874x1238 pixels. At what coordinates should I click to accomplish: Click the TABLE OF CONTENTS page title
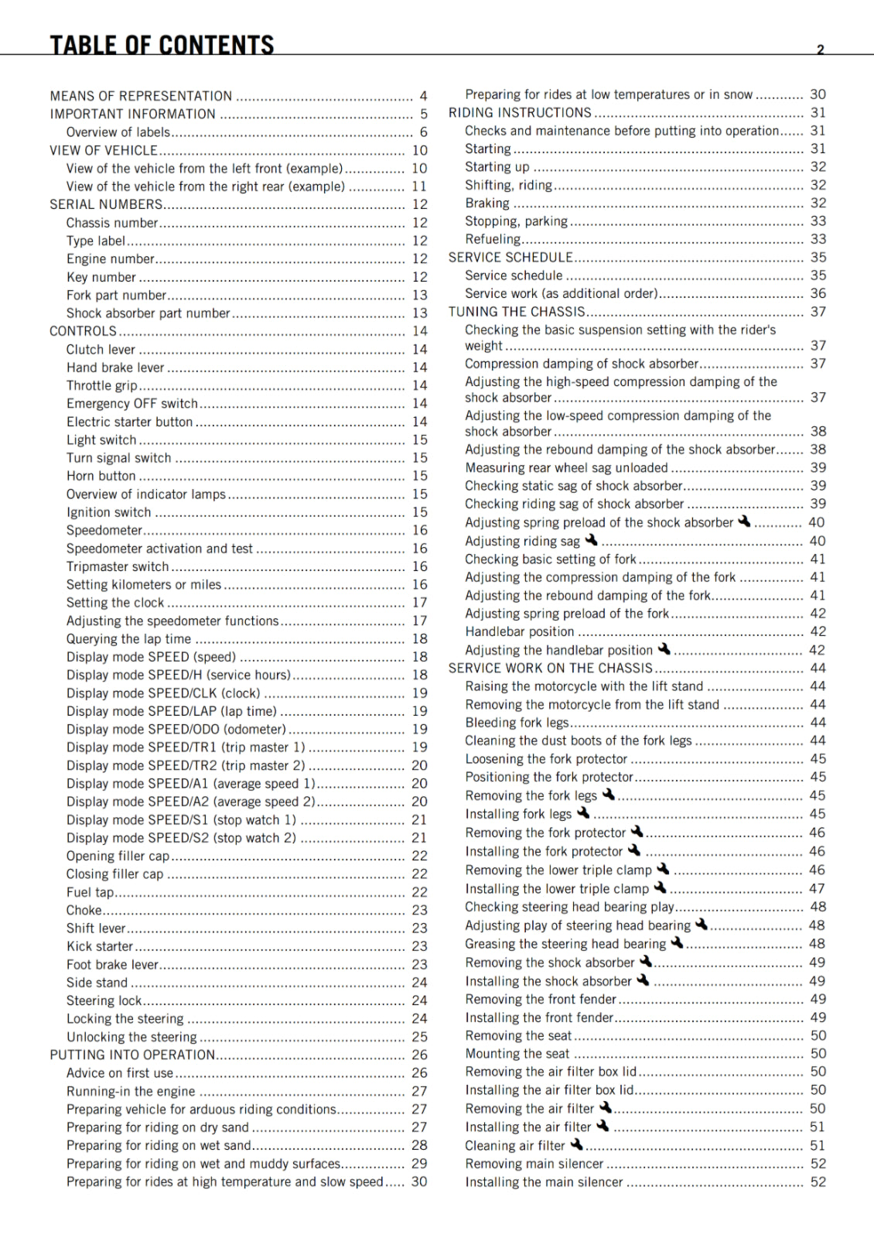(162, 45)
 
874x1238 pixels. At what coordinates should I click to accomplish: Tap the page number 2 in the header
(821, 50)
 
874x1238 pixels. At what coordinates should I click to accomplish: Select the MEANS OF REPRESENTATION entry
(141, 96)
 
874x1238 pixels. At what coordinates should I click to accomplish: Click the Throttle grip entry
(101, 385)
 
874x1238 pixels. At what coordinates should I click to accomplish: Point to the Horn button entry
(101, 476)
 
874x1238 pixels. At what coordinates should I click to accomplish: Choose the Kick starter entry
(100, 946)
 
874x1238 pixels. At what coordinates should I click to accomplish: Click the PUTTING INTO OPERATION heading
(132, 1055)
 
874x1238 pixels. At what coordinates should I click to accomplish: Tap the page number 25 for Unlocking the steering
(419, 1037)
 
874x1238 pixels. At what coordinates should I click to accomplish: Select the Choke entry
(84, 910)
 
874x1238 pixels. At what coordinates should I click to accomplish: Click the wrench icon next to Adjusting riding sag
(592, 540)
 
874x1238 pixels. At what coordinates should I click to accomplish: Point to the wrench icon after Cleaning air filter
(577, 1144)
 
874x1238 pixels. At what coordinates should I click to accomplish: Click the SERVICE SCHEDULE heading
(510, 258)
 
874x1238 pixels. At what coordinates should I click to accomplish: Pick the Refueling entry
(493, 239)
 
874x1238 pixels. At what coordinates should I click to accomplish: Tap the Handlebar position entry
(519, 631)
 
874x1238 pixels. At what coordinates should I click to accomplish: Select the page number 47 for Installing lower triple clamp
(818, 888)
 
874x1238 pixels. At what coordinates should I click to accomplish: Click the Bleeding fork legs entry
(517, 723)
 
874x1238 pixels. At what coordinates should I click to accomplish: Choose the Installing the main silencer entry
(544, 1182)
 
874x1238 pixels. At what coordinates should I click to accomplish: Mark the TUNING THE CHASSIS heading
(517, 312)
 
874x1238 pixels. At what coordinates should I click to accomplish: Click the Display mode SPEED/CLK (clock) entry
(163, 693)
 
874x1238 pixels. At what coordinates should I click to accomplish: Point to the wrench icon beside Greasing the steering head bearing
(677, 942)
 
